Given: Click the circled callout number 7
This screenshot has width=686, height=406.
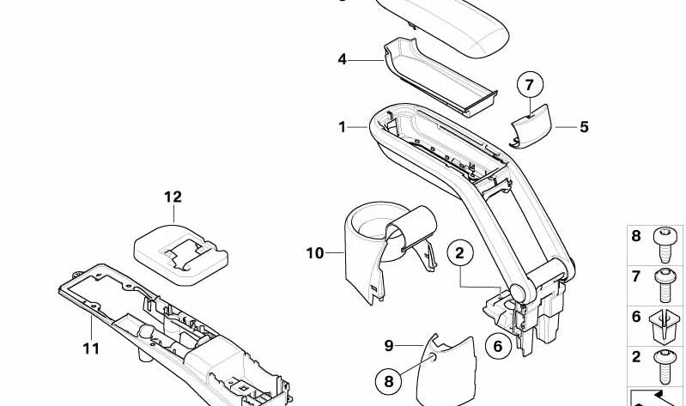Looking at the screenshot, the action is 530,84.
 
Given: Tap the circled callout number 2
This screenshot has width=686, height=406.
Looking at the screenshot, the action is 460,253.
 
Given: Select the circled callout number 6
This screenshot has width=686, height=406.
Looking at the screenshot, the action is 498,346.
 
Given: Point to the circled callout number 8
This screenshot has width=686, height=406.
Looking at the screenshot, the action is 389,381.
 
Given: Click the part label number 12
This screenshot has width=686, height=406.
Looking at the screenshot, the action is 173,197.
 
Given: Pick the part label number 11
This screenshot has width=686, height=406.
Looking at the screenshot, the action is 91,348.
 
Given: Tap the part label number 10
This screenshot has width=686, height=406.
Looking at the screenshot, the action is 315,253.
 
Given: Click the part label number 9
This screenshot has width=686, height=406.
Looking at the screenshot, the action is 389,346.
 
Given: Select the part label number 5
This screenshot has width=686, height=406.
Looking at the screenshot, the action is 584,127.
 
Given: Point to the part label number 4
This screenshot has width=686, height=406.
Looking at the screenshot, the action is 342,59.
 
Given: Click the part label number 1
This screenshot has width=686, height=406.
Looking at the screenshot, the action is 342,127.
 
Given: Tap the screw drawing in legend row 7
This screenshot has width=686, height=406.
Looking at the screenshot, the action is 665,285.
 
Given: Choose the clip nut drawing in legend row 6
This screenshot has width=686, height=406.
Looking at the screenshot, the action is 665,326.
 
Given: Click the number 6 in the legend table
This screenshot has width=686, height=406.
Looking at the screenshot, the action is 636,317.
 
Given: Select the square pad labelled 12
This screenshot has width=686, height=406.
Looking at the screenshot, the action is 180,255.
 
